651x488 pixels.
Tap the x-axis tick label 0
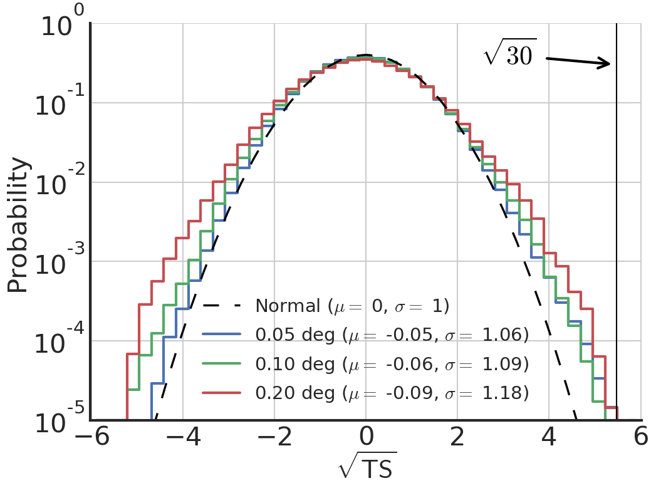point(367,438)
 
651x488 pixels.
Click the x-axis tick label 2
point(457,438)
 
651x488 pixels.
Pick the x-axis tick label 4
point(549,438)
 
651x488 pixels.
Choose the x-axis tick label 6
point(640,438)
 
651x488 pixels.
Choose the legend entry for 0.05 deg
point(392,335)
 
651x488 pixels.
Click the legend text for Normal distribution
point(352,306)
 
